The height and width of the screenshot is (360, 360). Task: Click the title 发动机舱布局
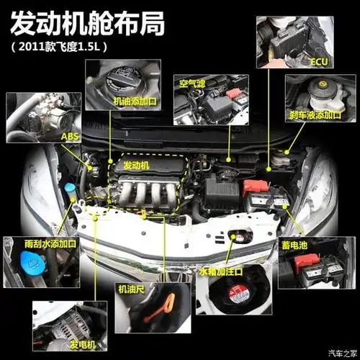click(97, 23)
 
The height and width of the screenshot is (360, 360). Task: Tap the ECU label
click(319, 63)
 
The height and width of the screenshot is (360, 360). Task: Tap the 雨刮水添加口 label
click(50, 244)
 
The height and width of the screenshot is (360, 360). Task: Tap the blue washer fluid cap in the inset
click(29, 270)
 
